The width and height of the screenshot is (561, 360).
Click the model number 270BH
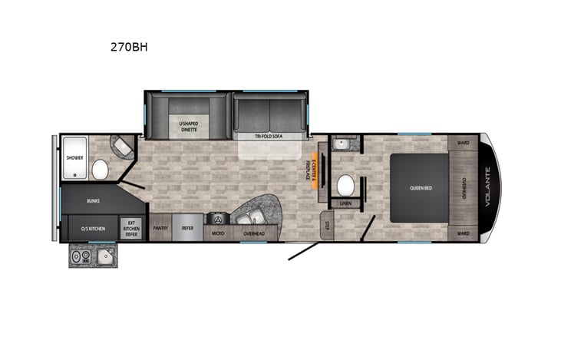pyautogui.click(x=130, y=46)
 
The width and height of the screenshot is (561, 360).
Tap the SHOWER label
pyautogui.click(x=74, y=157)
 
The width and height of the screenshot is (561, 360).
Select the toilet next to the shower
pyautogui.click(x=99, y=168)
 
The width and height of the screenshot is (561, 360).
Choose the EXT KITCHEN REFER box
pyautogui.click(x=130, y=228)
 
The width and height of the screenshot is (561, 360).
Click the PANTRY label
pyautogui.click(x=160, y=228)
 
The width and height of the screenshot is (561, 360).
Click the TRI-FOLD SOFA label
pyautogui.click(x=269, y=136)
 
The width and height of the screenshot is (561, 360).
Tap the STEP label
pyautogui.click(x=326, y=224)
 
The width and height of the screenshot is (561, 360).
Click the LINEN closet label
pyautogui.click(x=345, y=203)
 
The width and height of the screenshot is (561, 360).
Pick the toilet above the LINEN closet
pyautogui.click(x=346, y=184)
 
